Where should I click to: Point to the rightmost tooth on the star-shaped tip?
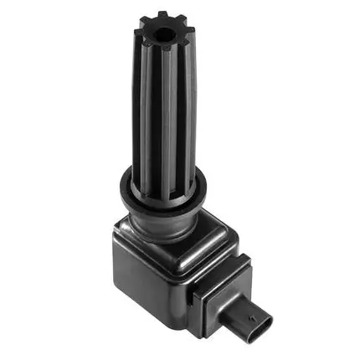click(192, 36)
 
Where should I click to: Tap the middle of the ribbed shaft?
click(166, 109)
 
